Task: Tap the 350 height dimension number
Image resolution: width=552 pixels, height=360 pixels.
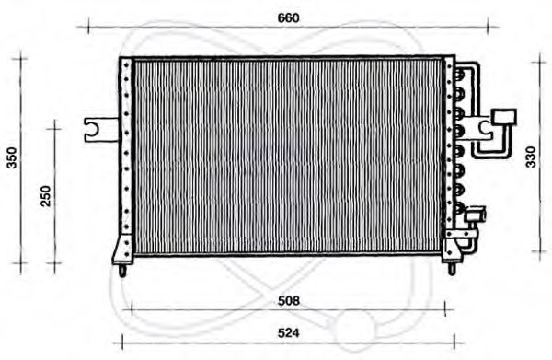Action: pos(12,158)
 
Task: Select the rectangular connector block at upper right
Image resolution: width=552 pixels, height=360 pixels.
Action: pos(505,116)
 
